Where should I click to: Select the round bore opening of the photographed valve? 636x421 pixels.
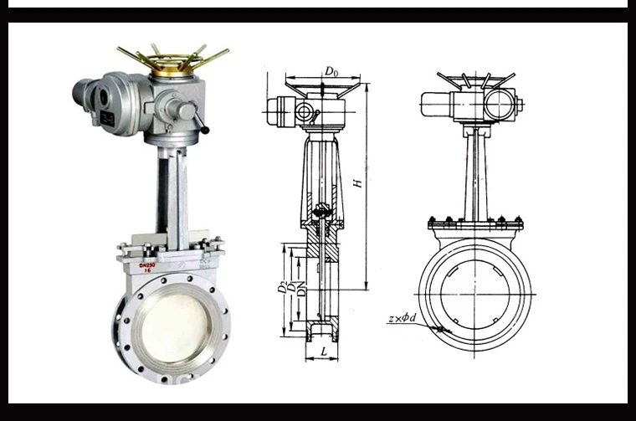coord(173,326)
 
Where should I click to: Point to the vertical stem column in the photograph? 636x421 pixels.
coord(172,193)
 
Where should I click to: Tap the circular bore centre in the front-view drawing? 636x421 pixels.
coord(474,288)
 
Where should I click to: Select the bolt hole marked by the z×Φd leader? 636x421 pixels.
coord(440,328)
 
